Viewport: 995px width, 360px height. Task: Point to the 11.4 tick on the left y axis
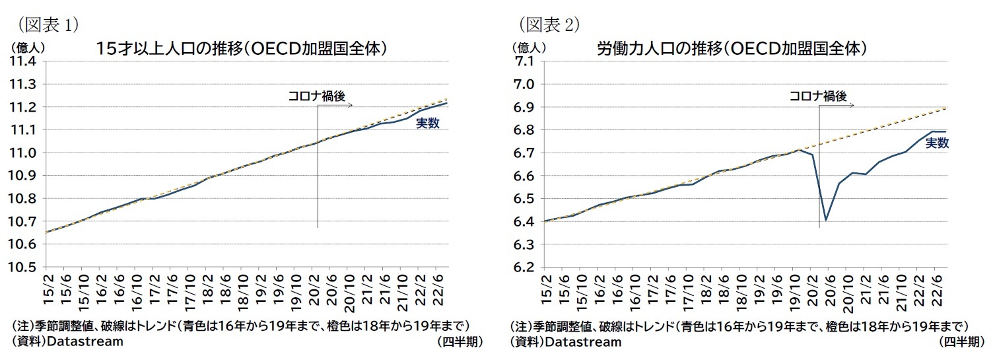[24, 61]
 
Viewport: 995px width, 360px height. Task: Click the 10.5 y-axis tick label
[24, 268]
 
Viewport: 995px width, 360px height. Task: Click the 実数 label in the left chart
[427, 124]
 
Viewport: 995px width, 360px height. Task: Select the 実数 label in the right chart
[936, 143]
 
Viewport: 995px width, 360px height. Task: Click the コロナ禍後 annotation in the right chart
[817, 96]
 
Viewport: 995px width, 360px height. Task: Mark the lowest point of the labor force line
[826, 221]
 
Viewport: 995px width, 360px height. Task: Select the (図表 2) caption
[547, 24]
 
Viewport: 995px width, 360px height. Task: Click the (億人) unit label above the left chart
[26, 47]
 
